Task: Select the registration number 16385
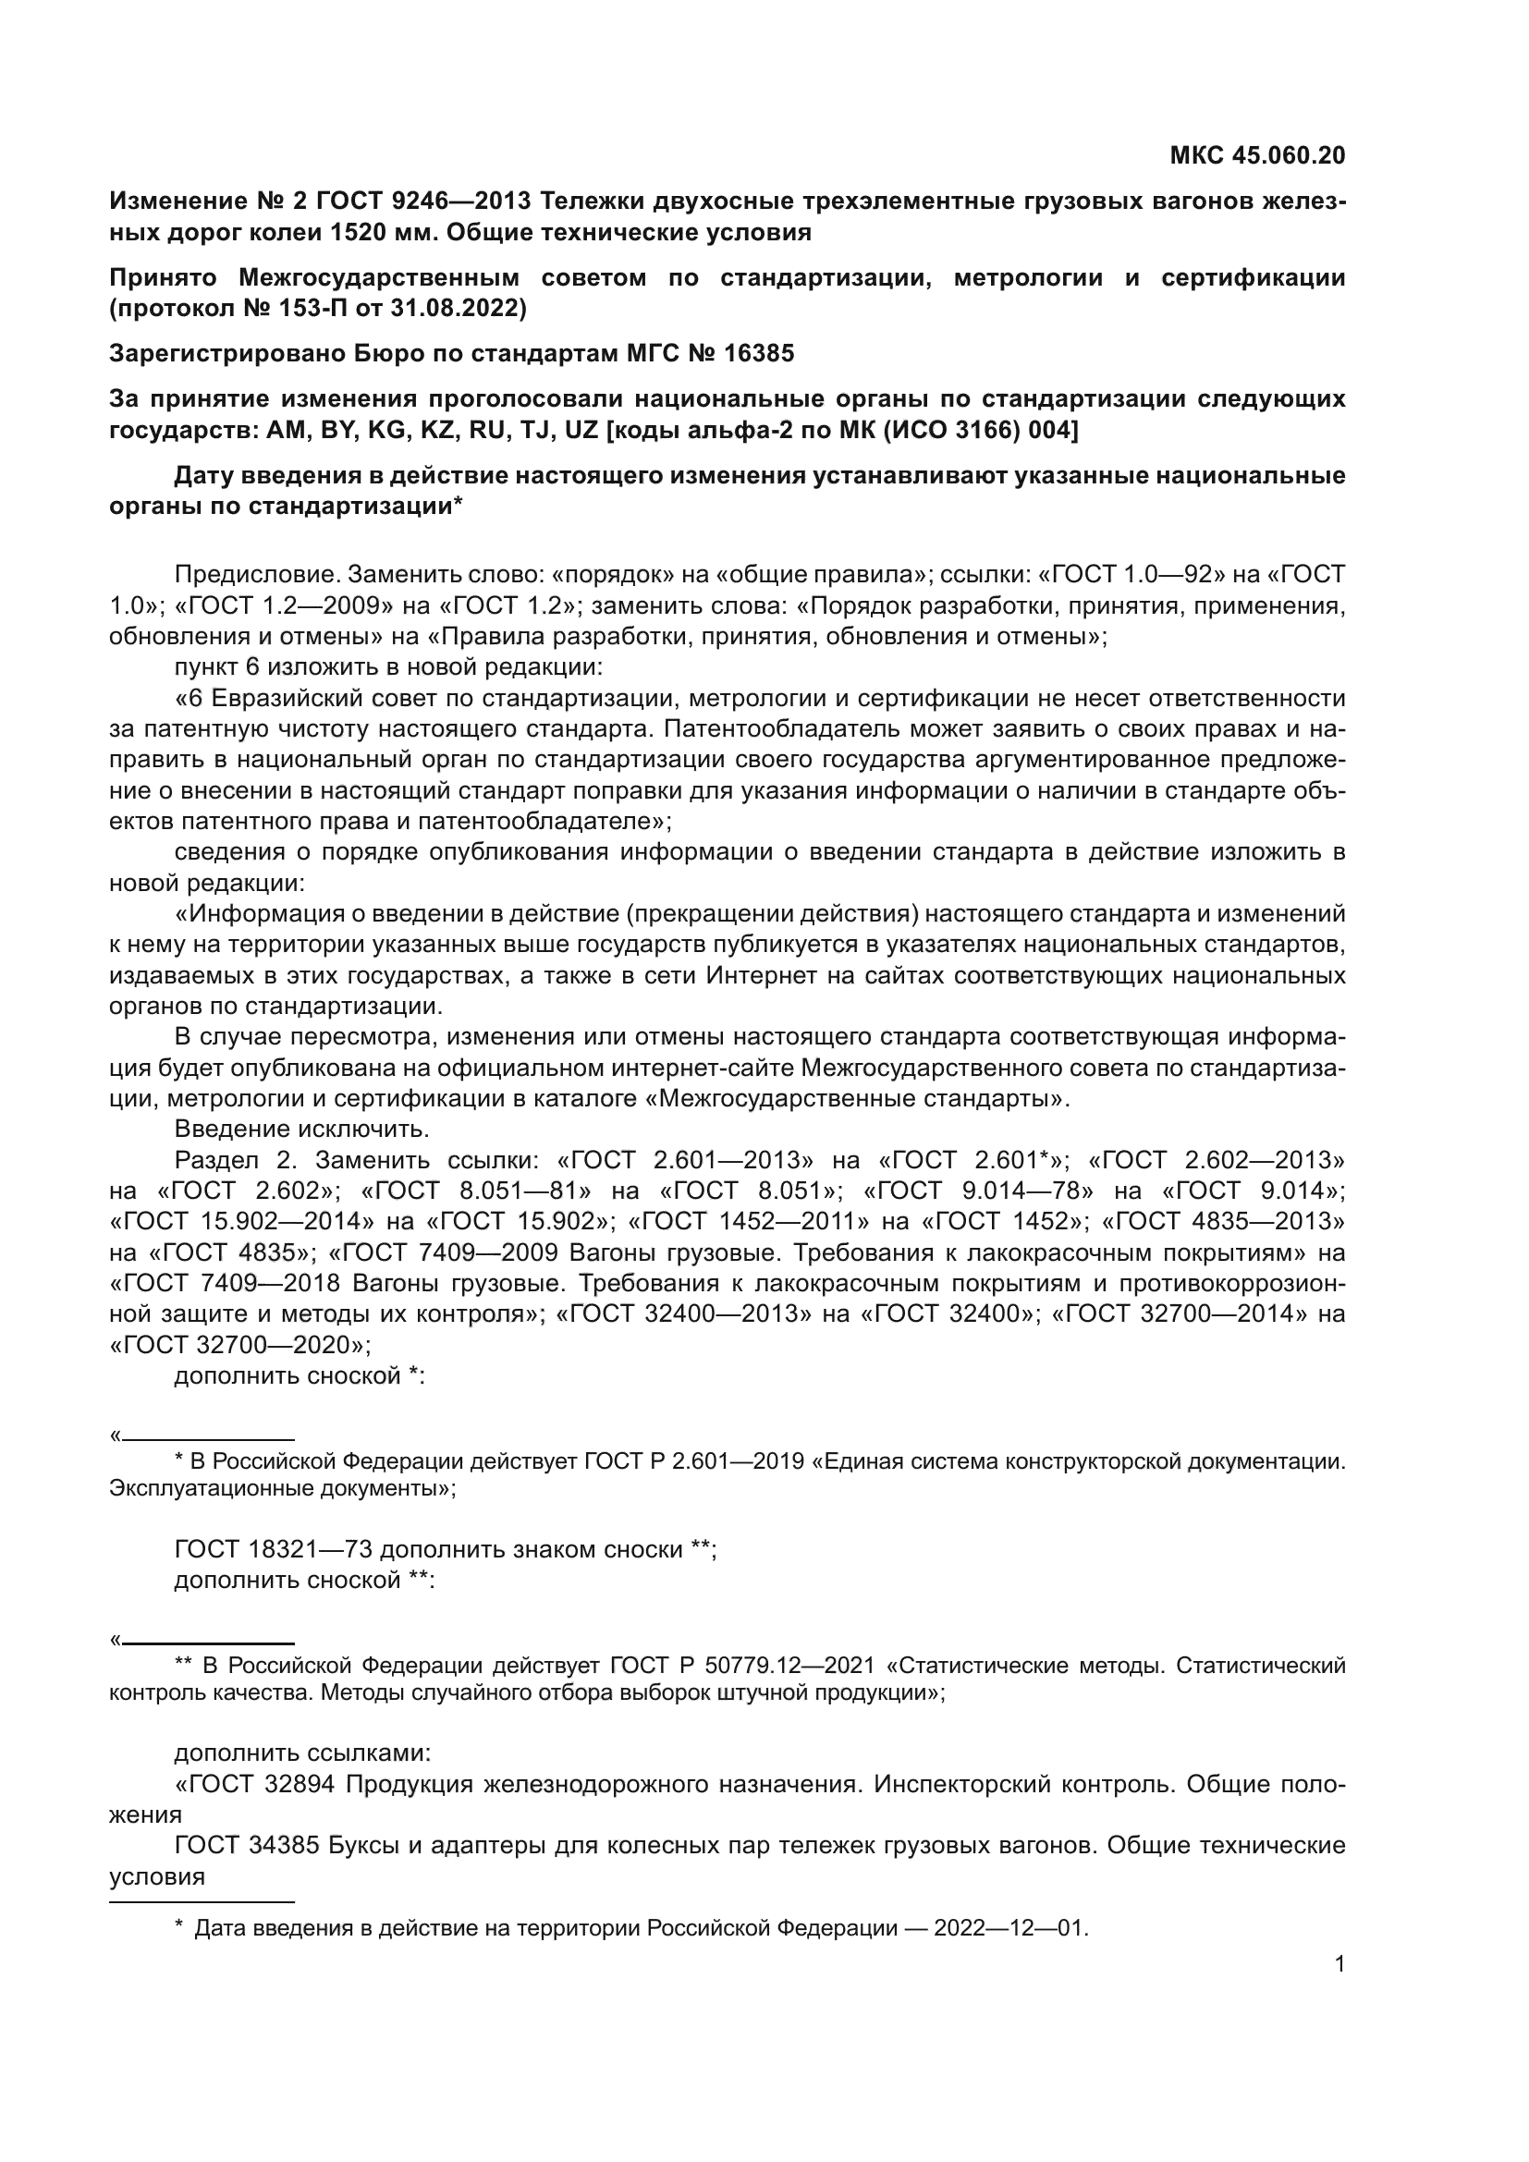click(759, 353)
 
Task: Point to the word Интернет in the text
click(763, 976)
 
